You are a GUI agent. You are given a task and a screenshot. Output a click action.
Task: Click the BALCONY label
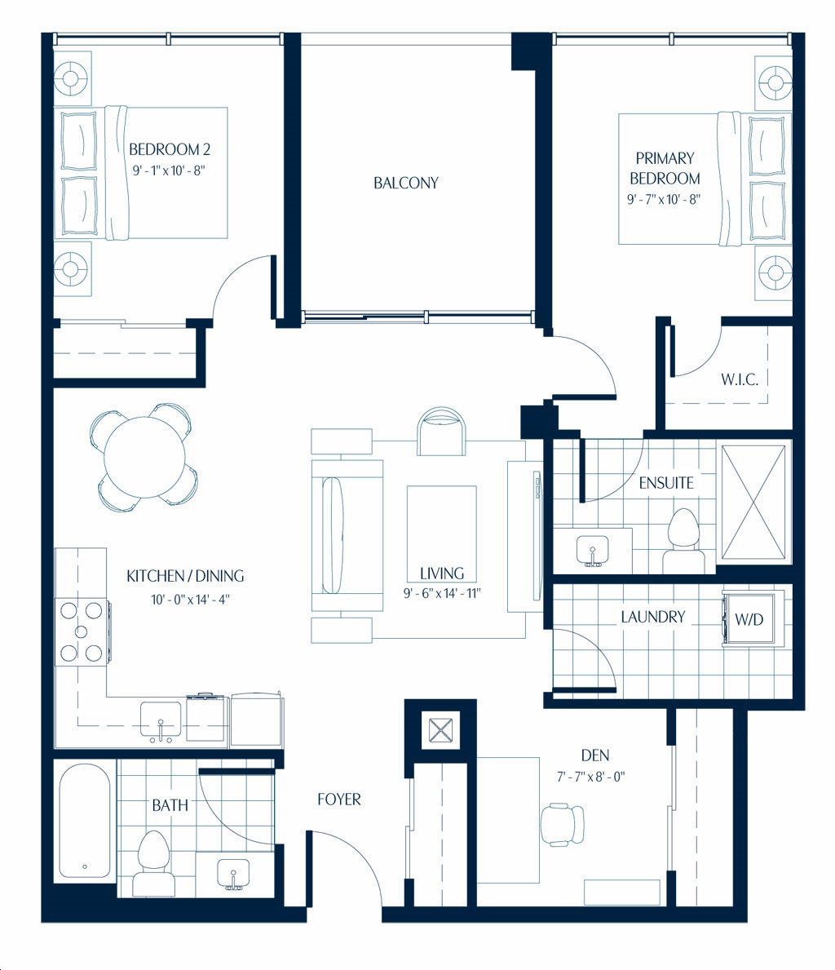[x=406, y=183]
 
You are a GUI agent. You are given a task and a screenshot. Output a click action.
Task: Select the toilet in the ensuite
[x=683, y=540]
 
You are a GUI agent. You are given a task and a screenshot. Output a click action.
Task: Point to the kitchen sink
[x=161, y=720]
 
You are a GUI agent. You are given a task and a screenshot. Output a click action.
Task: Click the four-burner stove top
[x=81, y=631]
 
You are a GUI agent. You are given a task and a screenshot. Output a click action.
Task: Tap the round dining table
[x=144, y=457]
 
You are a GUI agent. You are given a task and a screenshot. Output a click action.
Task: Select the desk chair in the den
[x=563, y=825]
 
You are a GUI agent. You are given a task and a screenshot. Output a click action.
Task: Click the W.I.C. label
[x=739, y=379]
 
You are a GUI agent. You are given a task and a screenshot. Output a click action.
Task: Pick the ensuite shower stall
[x=753, y=502]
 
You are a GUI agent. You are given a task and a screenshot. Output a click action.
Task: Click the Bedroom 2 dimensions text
[x=168, y=171]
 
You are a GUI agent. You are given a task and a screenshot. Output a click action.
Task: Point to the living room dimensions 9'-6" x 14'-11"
[x=442, y=593]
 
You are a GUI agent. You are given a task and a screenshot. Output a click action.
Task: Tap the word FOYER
[x=339, y=799]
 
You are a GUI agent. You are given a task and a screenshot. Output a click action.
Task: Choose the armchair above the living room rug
[x=441, y=432]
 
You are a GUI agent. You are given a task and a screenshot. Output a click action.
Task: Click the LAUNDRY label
[x=653, y=617]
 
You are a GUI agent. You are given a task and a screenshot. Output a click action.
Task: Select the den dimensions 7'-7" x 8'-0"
[x=590, y=777]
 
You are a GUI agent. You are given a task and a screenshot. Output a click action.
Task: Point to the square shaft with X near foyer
[x=440, y=731]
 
